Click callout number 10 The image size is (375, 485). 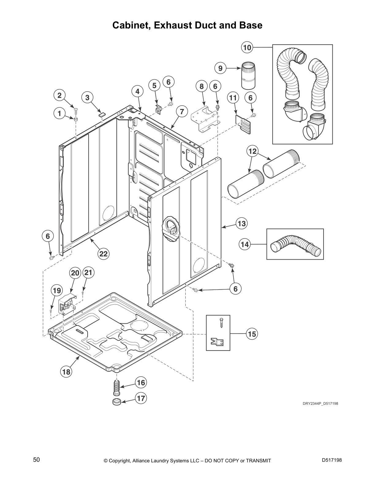[x=247, y=47]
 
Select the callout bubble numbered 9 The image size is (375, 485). [x=220, y=68]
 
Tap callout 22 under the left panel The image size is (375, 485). [x=103, y=254]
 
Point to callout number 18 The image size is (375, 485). [x=66, y=372]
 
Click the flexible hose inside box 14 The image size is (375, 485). [x=296, y=244]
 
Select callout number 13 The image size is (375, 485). [x=242, y=224]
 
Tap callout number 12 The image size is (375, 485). [x=252, y=151]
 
